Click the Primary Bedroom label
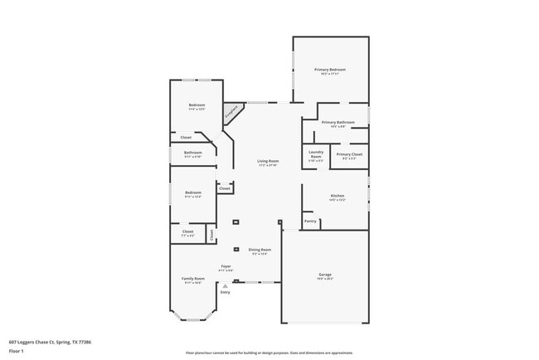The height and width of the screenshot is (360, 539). pos(330,70)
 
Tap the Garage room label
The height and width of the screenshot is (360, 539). pos(325,274)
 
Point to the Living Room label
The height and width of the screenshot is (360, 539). pos(267,161)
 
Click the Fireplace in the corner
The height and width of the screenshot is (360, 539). pos(233,109)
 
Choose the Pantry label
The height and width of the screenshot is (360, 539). pos(310,221)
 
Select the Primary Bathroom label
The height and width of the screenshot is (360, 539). pos(338,122)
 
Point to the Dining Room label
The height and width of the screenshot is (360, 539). pos(260,250)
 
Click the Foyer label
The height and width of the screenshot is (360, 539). pos(226,266)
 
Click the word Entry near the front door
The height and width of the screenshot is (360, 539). pos(225,292)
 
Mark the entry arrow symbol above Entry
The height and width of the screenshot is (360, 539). pos(225,285)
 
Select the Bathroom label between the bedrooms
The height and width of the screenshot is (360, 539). pos(193,153)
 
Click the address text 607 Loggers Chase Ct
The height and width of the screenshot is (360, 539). pos(50,341)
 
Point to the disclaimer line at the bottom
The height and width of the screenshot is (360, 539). pos(269,352)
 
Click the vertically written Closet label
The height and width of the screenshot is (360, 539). pos(211,235)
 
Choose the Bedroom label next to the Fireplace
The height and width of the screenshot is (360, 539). pos(197,105)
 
